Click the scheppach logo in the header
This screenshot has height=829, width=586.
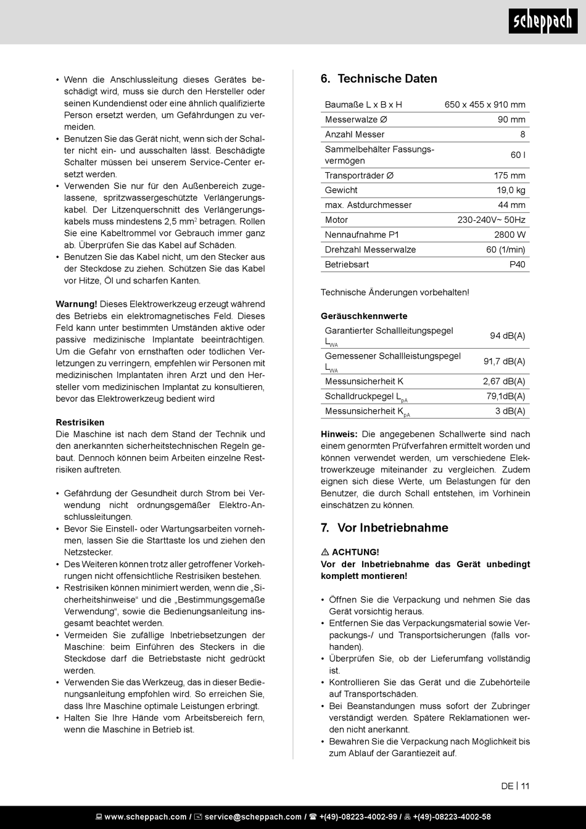click(x=543, y=22)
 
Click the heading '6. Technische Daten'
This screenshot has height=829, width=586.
click(x=379, y=79)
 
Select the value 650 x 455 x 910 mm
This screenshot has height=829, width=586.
click(x=485, y=105)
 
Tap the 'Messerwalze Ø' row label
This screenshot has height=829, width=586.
click(x=356, y=120)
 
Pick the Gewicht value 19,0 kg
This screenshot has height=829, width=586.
click(x=511, y=190)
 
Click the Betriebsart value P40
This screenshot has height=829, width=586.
click(x=517, y=264)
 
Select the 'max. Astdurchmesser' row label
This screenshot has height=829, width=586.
click(x=368, y=205)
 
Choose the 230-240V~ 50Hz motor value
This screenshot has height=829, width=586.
click(x=491, y=220)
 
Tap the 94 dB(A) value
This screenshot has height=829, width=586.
click(x=507, y=336)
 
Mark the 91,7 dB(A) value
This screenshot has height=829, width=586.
click(x=504, y=362)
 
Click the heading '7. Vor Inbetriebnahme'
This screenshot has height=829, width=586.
click(x=384, y=528)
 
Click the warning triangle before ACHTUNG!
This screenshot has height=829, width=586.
click(x=325, y=552)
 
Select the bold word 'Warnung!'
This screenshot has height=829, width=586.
click(x=76, y=304)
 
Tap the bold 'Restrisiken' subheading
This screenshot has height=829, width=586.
click(x=80, y=423)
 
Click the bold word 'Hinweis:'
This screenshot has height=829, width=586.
click(x=339, y=435)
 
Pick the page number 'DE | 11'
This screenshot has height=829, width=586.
click(x=515, y=786)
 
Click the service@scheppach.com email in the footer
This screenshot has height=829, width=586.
click(x=253, y=817)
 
